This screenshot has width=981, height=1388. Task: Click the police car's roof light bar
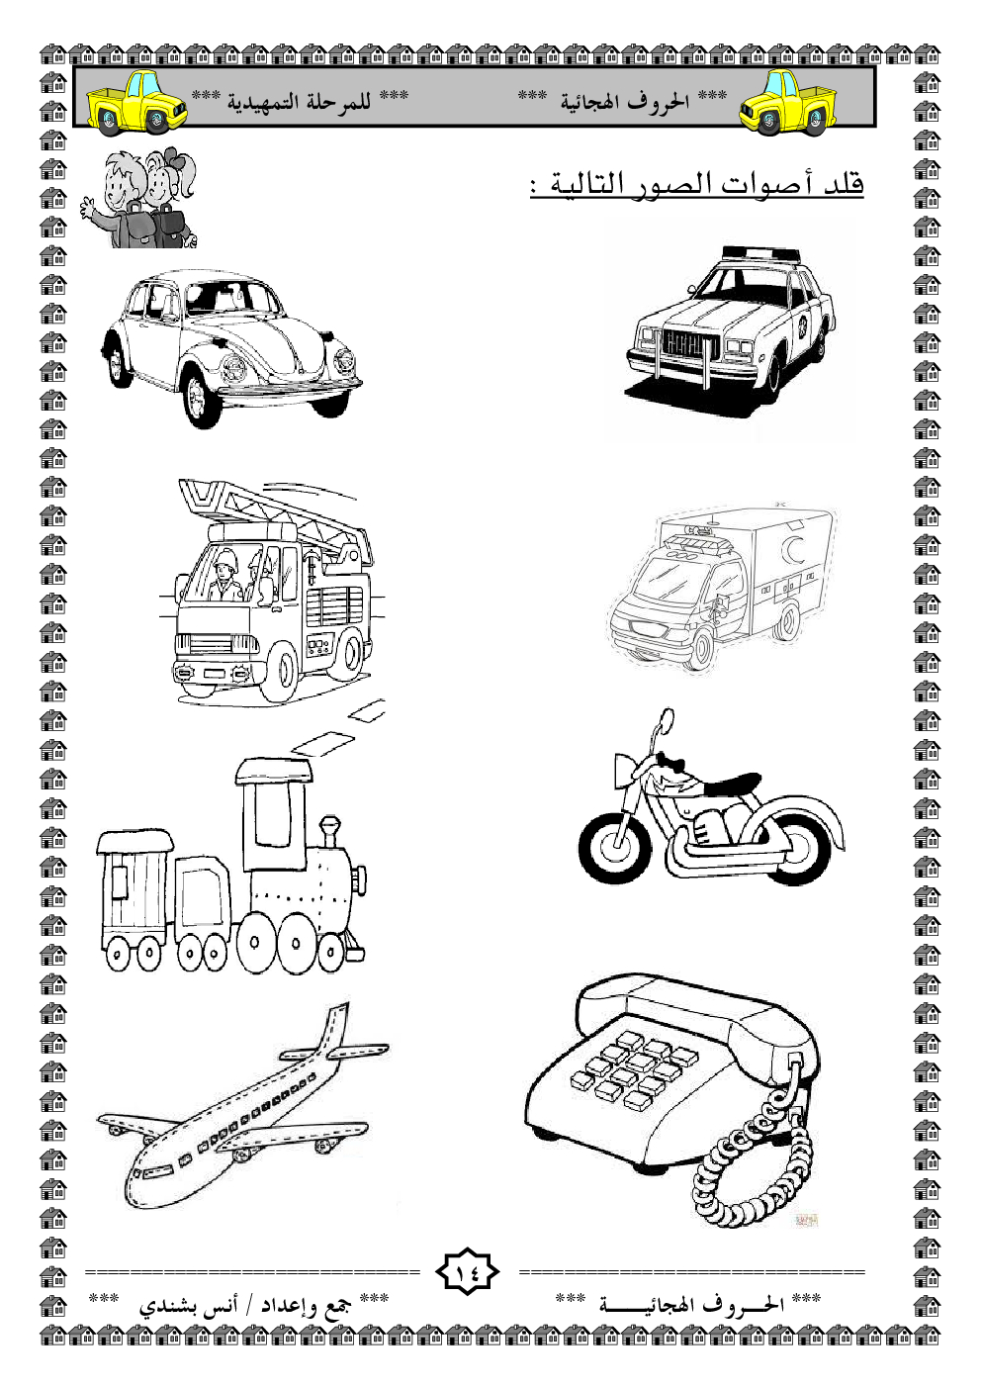pos(759,254)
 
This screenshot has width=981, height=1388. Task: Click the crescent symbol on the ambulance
pos(791,548)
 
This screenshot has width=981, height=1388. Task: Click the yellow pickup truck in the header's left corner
pos(136,103)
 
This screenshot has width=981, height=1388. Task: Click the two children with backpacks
pos(138,198)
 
